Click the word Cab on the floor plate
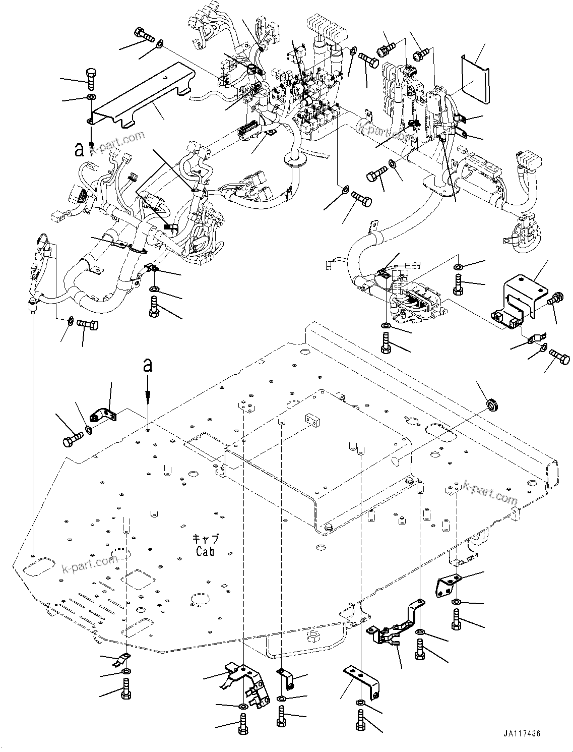click(x=205, y=551)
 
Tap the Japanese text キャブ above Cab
click(x=206, y=539)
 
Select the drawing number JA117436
click(x=521, y=734)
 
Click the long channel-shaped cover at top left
click(x=141, y=95)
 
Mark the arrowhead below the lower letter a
click(x=148, y=397)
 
